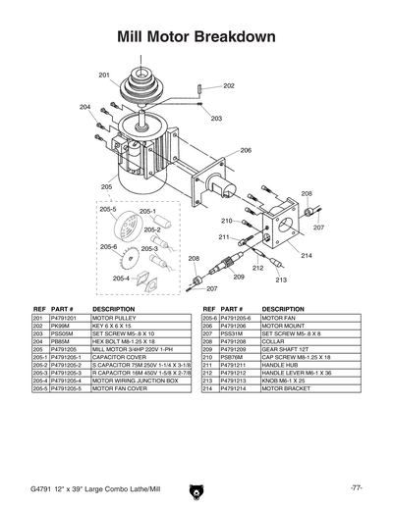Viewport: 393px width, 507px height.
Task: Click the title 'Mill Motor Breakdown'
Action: (x=196, y=37)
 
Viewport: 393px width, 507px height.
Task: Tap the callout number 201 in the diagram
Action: (x=104, y=75)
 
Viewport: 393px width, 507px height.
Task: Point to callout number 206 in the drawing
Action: (x=246, y=150)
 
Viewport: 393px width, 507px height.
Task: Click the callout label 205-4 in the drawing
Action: (x=120, y=279)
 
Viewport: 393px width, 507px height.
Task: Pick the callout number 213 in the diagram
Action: (x=281, y=279)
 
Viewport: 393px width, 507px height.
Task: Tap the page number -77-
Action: (x=356, y=487)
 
